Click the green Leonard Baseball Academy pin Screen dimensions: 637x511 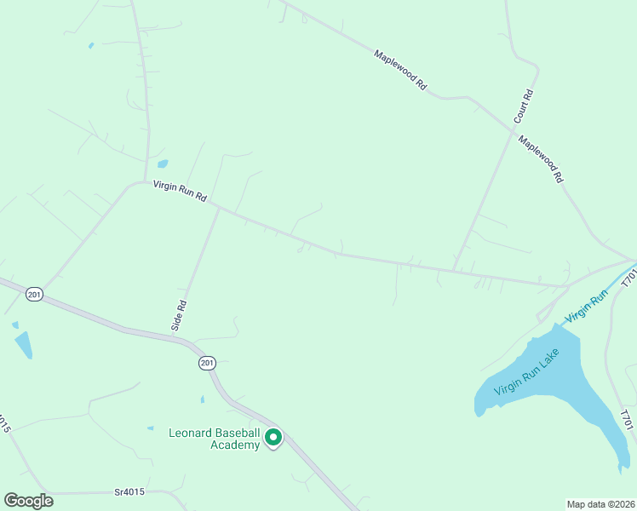click(x=273, y=438)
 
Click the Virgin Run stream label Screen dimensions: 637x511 click(x=587, y=305)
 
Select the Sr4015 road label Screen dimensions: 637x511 click(x=130, y=492)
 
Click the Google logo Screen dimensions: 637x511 click(x=28, y=501)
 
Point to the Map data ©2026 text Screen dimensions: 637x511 click(x=600, y=503)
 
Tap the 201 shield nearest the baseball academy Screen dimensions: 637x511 click(x=207, y=363)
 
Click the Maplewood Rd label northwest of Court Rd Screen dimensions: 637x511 click(x=399, y=70)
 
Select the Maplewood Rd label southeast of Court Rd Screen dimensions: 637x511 click(x=541, y=161)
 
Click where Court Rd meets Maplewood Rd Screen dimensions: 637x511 click(x=514, y=129)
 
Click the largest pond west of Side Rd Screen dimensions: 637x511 click(x=23, y=344)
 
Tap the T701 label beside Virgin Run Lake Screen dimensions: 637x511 click(x=628, y=419)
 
